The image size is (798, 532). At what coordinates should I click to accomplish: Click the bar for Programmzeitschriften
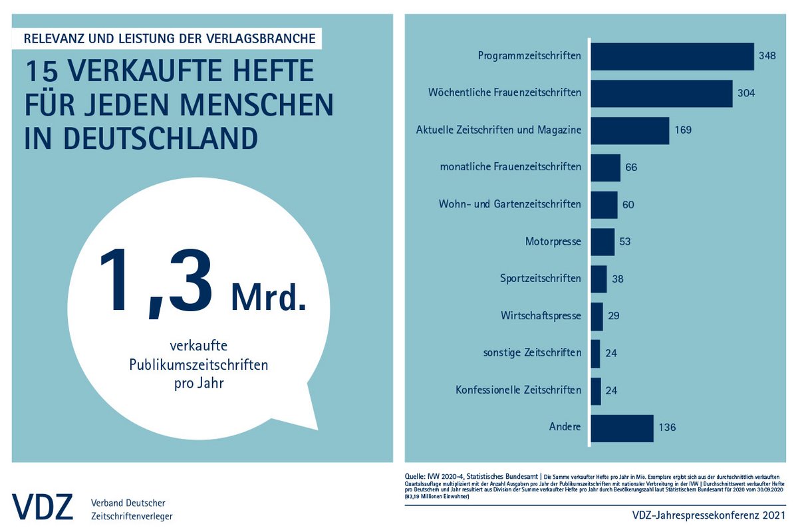[x=672, y=57]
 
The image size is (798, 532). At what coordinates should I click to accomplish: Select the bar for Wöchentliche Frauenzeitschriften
[x=661, y=93]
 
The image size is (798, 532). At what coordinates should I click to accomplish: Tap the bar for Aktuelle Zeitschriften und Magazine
[x=629, y=130]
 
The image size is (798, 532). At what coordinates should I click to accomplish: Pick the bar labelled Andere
[x=622, y=428]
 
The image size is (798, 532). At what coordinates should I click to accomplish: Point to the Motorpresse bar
[x=602, y=241]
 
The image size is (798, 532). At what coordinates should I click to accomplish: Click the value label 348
[x=767, y=57]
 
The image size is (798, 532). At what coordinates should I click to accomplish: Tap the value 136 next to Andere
[x=667, y=428]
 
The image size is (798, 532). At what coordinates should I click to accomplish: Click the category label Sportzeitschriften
[x=541, y=279]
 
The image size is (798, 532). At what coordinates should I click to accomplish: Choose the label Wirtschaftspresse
[x=541, y=315]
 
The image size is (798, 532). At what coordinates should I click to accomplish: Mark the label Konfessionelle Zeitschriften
[x=519, y=390]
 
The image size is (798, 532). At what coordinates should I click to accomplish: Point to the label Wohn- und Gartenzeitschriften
[x=510, y=204]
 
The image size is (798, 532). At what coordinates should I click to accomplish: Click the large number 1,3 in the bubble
[x=157, y=280]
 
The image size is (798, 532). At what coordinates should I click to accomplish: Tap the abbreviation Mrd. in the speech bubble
[x=268, y=297]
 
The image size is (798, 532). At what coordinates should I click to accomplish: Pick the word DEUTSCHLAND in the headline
[x=141, y=138]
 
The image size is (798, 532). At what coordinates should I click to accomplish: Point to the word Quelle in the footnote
[x=416, y=476]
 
